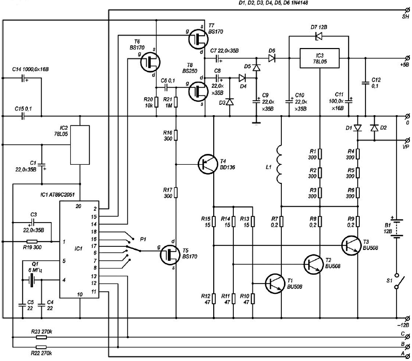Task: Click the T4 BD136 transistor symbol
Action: coord(208,164)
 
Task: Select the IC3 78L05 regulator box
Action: coord(320,58)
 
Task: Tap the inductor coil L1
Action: coord(279,164)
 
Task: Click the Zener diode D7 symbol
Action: coord(319,36)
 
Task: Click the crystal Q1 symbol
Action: coord(32,280)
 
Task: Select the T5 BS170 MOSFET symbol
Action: coord(170,254)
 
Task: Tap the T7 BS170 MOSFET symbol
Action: coord(198,39)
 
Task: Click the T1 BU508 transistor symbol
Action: coord(275,284)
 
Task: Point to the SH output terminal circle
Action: coord(407,10)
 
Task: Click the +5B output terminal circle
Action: coord(407,58)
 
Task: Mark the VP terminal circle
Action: coord(407,140)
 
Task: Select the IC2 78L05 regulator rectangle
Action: coord(80,145)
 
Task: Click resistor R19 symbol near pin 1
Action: coord(32,241)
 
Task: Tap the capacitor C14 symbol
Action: coord(23,78)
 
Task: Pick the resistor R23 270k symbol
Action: coord(41,337)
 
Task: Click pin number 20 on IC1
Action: coord(78,207)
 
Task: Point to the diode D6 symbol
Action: coord(272,58)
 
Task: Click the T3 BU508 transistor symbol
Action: coord(352,246)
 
